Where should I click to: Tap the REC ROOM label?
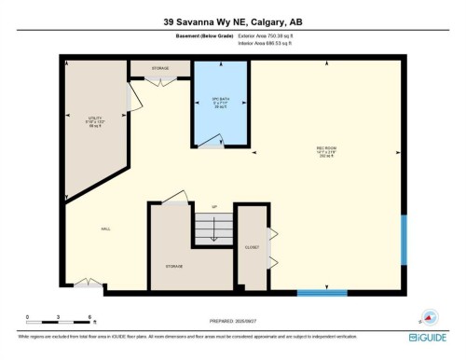click(324, 148)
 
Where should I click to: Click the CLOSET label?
click(252, 247)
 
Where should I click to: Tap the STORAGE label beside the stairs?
click(174, 266)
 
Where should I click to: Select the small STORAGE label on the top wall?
click(160, 67)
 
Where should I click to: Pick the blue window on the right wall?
click(404, 240)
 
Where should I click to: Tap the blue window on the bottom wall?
click(322, 293)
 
